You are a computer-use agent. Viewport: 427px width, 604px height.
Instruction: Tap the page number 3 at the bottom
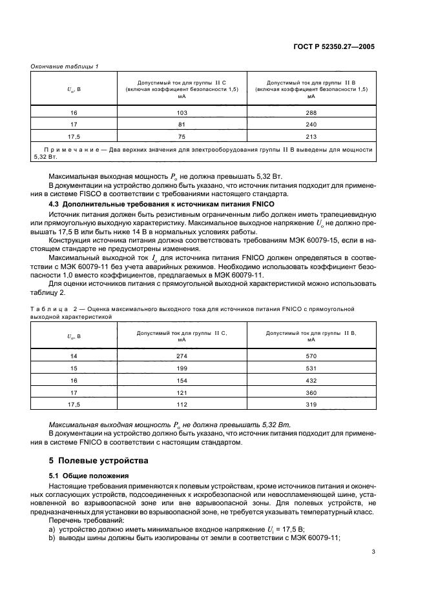(x=373, y=552)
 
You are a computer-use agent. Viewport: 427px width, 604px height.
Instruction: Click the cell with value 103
(x=182, y=112)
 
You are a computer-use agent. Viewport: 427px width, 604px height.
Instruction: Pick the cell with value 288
(x=311, y=112)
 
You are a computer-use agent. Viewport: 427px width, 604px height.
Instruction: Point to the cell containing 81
(x=182, y=124)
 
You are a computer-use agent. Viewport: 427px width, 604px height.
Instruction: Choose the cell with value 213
(x=311, y=136)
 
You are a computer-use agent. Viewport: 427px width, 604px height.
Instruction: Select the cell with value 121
(x=182, y=392)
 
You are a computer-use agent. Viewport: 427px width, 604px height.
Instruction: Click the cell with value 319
(x=311, y=405)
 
